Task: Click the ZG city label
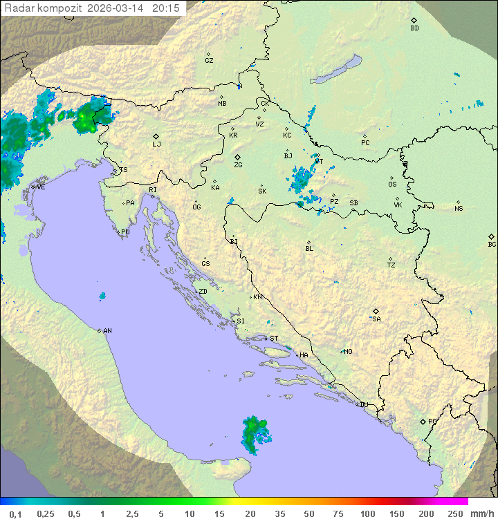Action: (x=238, y=165)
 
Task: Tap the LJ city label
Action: (x=156, y=144)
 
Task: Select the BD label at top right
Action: (x=414, y=28)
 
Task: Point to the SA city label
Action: (x=376, y=319)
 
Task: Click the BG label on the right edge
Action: (x=492, y=244)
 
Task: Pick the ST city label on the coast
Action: (x=274, y=339)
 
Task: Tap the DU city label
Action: (x=363, y=405)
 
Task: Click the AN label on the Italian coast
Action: (x=107, y=331)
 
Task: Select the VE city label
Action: (x=41, y=187)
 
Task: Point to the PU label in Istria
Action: (x=125, y=232)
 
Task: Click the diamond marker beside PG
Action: (x=423, y=422)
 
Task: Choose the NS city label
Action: (x=458, y=209)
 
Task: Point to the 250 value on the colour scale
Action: (x=455, y=513)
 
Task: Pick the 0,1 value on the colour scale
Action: (x=15, y=513)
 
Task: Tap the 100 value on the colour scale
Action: (x=367, y=513)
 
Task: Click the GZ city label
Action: (x=209, y=60)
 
